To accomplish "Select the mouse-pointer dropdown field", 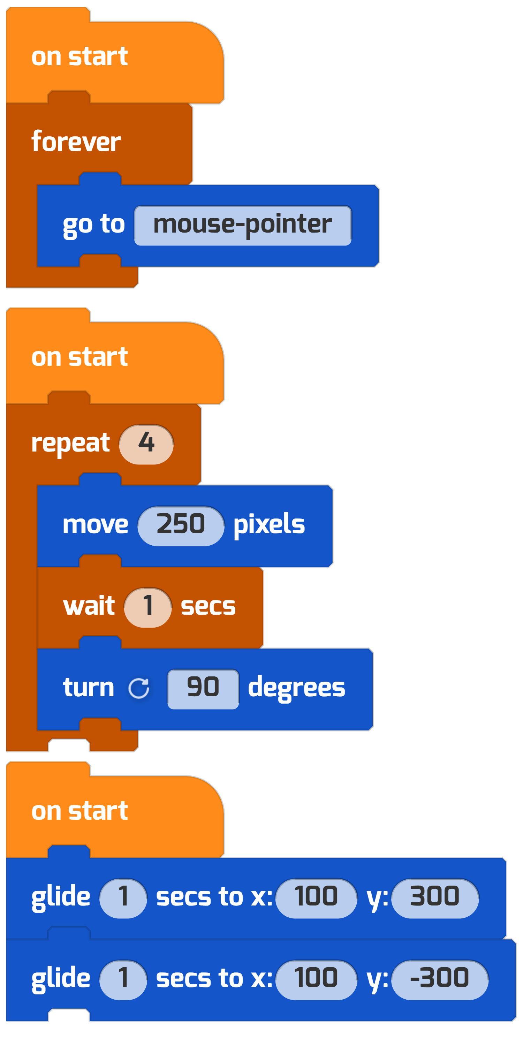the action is pos(243,225).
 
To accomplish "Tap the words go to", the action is pos(94,225).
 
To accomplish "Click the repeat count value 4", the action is pos(146,444).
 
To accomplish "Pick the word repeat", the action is pos(71,444).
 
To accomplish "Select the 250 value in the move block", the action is pos(181,526).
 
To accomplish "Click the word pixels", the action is pos(269,525).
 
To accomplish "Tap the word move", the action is pos(96,525).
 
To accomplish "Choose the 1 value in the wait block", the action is pos(148,607).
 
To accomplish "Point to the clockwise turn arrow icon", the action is pos(138,688).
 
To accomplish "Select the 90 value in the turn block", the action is pos(203,689).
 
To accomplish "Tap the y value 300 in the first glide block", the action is pos(435,898).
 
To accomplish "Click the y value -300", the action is pos(440,980).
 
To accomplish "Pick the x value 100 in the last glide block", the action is pos(316,980).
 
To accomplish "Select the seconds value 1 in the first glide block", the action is pos(123,898).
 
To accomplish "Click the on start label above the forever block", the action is pos(79,56).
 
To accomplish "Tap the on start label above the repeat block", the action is pos(79,357).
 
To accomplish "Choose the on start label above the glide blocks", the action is pos(79,811).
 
